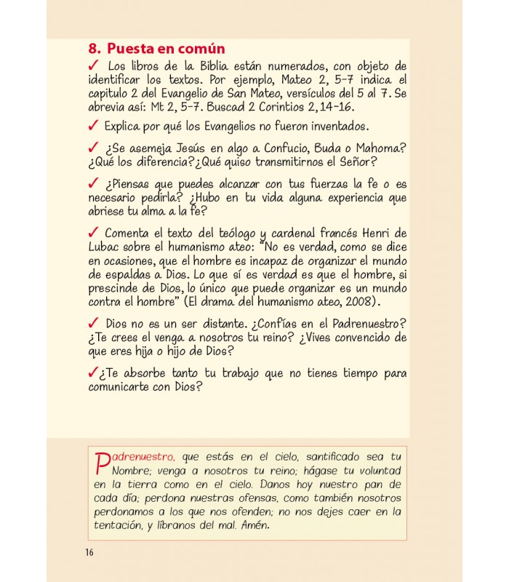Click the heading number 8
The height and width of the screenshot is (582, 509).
92,49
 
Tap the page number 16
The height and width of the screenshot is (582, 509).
89,552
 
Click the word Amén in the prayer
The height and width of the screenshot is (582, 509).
254,525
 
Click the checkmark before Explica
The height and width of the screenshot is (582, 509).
92,124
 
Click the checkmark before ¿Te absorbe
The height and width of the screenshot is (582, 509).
92,372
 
